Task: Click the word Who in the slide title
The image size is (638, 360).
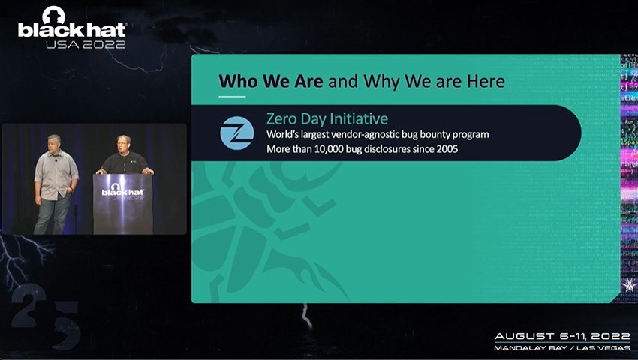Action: [x=234, y=80]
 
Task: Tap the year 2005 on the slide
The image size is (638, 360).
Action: [x=444, y=149]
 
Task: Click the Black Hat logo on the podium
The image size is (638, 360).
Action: [x=122, y=189]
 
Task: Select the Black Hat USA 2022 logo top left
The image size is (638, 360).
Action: [x=72, y=28]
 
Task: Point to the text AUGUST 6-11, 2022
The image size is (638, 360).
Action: [x=561, y=336]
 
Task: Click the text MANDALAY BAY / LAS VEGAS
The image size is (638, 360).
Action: [x=561, y=349]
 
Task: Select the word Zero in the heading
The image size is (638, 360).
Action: [x=283, y=118]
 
